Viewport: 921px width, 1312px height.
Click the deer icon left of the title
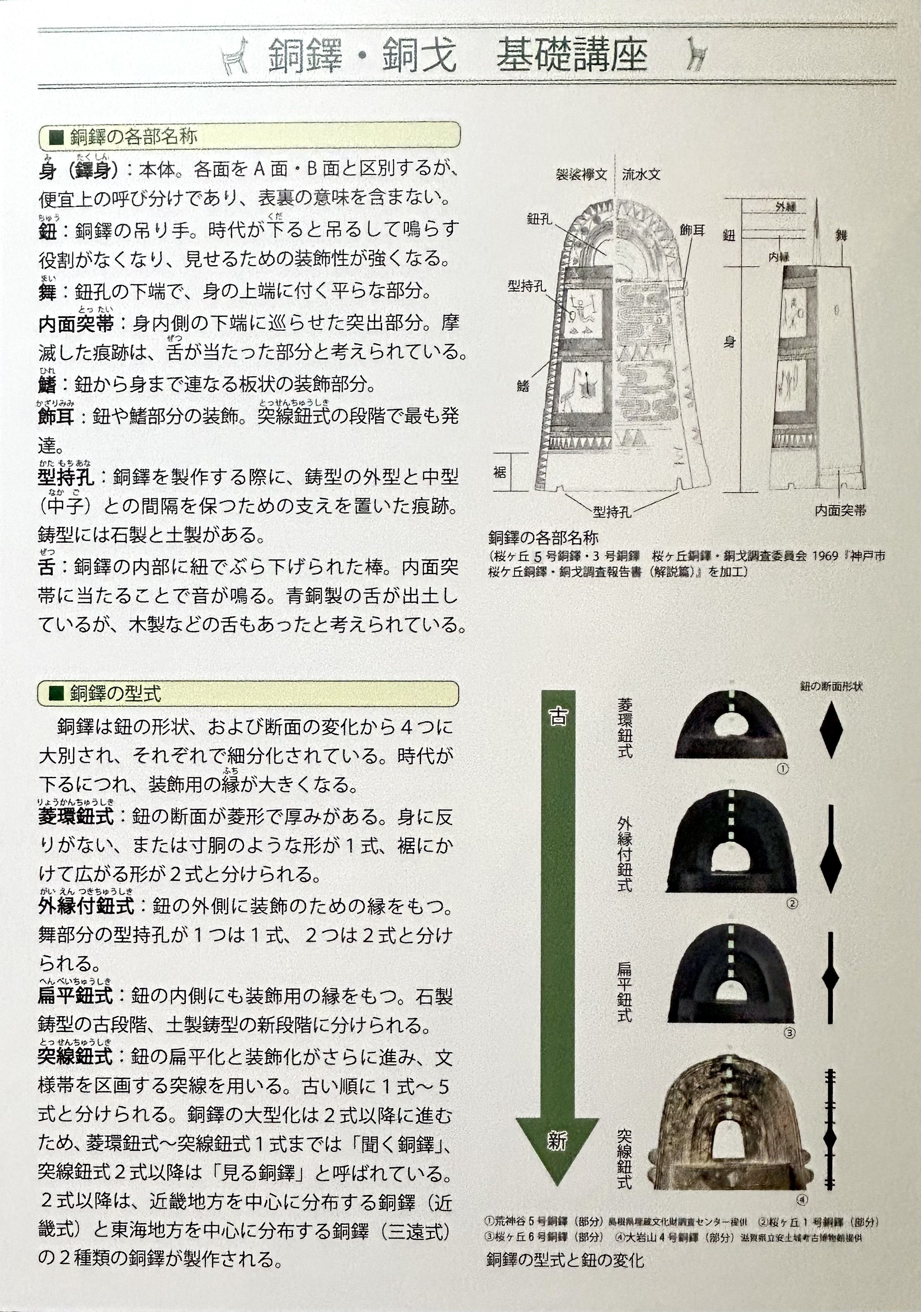pyautogui.click(x=235, y=56)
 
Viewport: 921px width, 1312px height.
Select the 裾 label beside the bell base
pyautogui.click(x=500, y=472)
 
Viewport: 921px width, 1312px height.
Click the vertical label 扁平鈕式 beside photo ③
pyautogui.click(x=624, y=992)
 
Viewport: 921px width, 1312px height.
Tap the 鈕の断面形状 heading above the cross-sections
pyautogui.click(x=831, y=686)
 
